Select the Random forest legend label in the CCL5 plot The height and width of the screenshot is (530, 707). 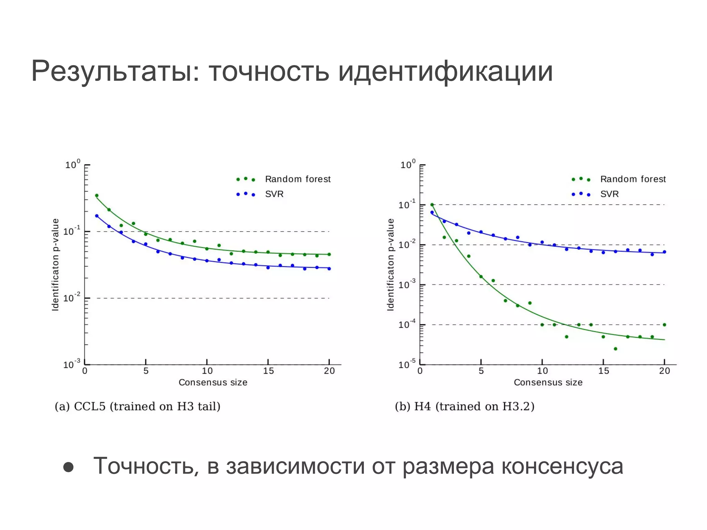click(x=298, y=179)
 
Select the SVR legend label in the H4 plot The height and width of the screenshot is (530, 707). click(x=609, y=194)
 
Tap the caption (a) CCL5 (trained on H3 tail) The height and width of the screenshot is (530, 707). click(x=137, y=406)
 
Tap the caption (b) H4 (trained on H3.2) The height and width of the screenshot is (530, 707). click(x=465, y=406)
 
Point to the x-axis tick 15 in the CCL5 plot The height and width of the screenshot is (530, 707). click(x=268, y=371)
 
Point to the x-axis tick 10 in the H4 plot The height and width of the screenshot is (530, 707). click(x=542, y=371)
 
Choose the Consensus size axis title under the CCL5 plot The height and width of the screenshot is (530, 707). click(x=213, y=382)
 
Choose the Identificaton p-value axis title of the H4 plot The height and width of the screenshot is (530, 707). click(x=390, y=265)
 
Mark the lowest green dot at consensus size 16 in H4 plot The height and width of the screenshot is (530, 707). click(x=616, y=349)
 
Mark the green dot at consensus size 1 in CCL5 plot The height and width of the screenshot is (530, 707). click(x=97, y=196)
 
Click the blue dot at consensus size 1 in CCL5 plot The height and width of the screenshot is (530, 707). click(x=97, y=216)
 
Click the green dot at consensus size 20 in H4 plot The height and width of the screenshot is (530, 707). click(x=665, y=325)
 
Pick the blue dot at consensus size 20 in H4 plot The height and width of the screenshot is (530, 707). click(x=665, y=252)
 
